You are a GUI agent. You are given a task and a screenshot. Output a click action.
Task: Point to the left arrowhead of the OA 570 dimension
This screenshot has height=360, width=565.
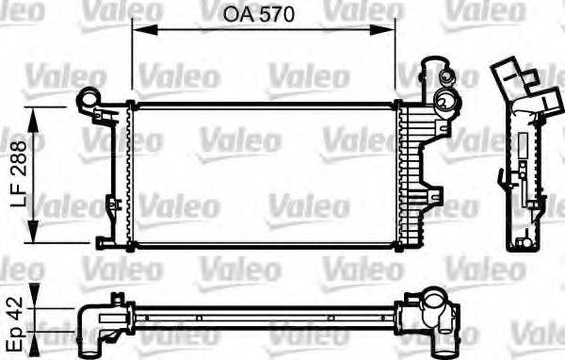pos(136,28)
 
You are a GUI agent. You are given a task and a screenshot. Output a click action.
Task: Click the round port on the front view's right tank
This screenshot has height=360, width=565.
pos(444,106)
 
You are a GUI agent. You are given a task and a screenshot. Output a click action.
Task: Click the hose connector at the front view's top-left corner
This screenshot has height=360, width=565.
pos(89,98)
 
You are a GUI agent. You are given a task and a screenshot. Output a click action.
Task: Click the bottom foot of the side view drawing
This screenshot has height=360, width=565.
pos(521,243)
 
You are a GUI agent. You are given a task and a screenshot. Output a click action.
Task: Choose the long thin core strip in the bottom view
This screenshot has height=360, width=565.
pos(264,311)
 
